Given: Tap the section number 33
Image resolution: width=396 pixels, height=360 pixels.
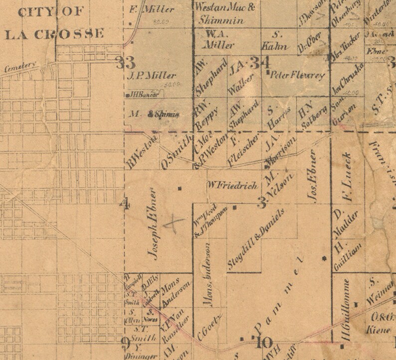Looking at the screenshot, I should point(125,63).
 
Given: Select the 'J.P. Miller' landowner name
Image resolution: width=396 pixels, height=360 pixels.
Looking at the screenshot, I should point(152,76).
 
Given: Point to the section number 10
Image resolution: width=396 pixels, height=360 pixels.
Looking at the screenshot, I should point(263,343).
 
